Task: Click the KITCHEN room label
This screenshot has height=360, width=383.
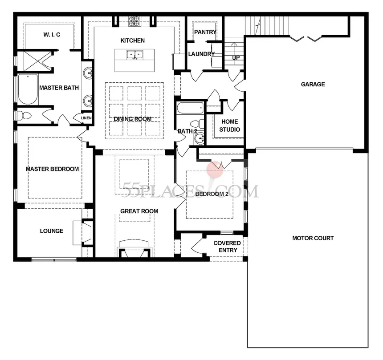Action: coord(132,40)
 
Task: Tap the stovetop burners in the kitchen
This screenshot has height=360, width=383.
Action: coord(134,21)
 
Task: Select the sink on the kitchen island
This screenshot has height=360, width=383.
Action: coord(134,55)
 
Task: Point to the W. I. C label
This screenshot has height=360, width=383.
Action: coord(52,35)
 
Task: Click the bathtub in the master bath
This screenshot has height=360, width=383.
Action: coord(28,89)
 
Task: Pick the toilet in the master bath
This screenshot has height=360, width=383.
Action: coord(24,115)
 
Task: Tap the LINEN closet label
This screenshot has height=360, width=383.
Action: coord(86,118)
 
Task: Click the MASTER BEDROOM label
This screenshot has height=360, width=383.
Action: coord(52,169)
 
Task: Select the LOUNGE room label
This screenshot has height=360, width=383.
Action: coord(52,231)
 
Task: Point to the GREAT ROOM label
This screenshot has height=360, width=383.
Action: coord(139,211)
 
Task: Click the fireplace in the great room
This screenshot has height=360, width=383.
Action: coord(134,249)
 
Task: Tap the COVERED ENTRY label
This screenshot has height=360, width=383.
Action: coord(227,247)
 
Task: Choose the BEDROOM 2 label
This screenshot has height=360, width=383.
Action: coord(212,194)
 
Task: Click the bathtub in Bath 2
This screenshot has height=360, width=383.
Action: coord(190,108)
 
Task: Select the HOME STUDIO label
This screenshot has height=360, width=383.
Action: coord(230,125)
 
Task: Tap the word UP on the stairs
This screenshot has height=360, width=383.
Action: coord(236,58)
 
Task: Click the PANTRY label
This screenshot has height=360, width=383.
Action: coord(205,32)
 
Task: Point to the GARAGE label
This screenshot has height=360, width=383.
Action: coord(313,85)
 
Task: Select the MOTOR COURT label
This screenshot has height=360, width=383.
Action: coord(313,238)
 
